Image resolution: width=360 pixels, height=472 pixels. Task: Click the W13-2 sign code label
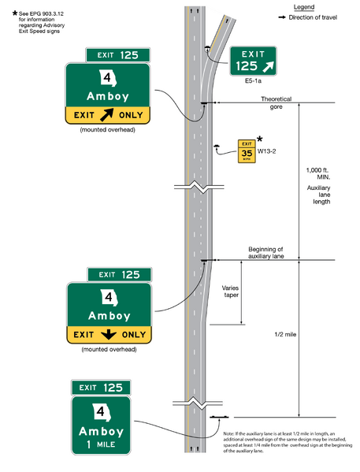268,150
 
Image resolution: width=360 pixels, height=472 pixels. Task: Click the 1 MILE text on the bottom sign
102,446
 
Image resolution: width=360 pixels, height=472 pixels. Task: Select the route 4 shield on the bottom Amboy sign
101,411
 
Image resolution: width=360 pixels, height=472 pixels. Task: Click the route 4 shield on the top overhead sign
106,78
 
